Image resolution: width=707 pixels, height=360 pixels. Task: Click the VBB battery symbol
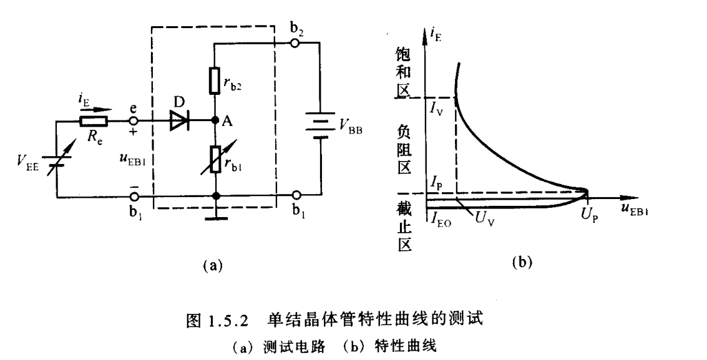pos(318,126)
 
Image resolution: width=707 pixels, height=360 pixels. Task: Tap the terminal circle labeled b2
pos(296,43)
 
